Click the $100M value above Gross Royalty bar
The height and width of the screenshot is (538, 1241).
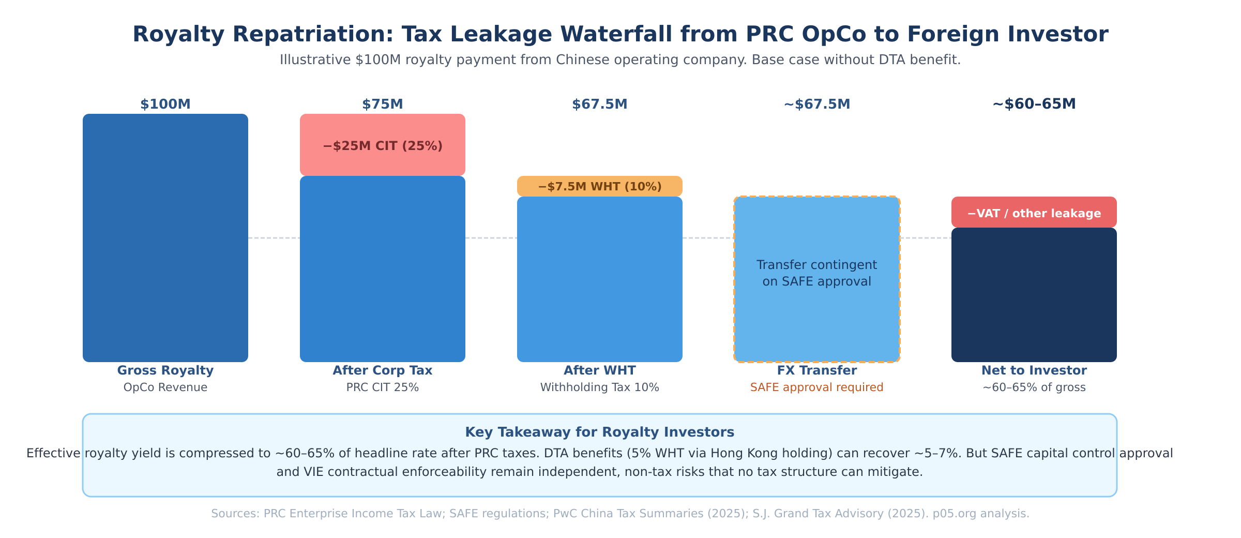(165, 104)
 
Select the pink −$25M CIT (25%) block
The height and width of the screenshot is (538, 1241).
(383, 145)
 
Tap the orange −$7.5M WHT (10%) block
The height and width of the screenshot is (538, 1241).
(600, 186)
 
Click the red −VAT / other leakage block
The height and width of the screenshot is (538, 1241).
(1034, 213)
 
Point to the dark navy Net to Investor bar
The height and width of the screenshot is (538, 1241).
(1034, 295)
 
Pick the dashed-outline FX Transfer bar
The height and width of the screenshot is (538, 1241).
(817, 321)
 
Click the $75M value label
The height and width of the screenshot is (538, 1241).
(383, 104)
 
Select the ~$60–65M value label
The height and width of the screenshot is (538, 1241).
(1034, 104)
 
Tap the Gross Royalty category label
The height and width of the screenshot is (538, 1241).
(165, 370)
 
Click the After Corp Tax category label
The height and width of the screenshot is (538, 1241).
(383, 370)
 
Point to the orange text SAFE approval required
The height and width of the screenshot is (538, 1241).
(817, 387)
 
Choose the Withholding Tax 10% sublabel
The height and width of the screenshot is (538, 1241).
(600, 387)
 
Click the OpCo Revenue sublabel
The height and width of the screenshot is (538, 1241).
(165, 387)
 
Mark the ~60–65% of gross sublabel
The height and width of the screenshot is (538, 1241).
(1034, 387)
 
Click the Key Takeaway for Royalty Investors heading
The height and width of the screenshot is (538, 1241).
(600, 432)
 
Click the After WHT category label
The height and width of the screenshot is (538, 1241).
(600, 370)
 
